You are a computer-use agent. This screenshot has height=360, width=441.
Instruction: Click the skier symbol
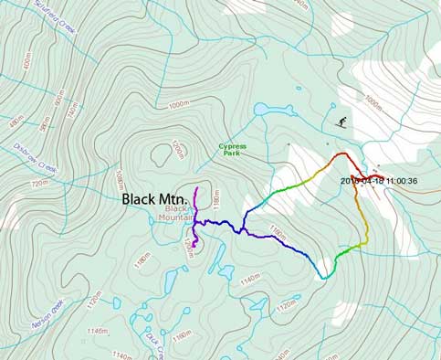coord(341,122)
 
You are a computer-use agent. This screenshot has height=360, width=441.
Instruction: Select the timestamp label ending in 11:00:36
coord(379,181)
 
